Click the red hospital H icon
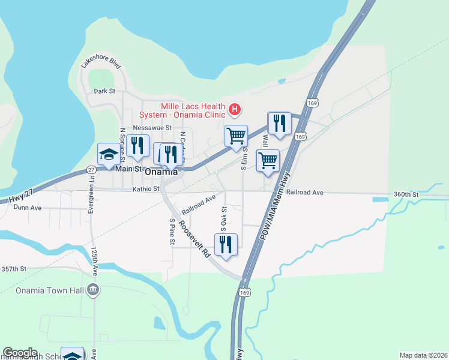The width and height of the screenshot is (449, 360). tap(235, 110)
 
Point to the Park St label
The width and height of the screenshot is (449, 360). tap(104, 91)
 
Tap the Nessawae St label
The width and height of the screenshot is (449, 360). tap(152, 128)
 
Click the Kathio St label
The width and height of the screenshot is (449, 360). tap(146, 188)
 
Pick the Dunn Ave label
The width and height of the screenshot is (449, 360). tap(29, 208)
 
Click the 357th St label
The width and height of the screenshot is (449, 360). tap(14, 269)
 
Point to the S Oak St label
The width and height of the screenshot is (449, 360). tap(223, 219)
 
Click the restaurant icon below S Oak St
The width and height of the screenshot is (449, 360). tap(226, 245)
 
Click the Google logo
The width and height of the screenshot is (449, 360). tap(20, 353)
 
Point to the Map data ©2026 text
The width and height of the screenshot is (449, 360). tap(423, 355)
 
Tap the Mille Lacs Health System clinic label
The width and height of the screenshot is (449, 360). tap(182, 110)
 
